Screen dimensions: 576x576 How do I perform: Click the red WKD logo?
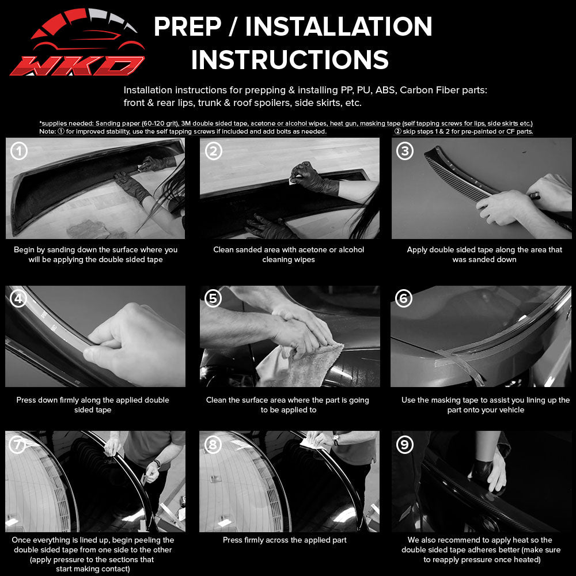point(78,42)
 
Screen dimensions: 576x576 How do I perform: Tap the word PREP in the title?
point(187,26)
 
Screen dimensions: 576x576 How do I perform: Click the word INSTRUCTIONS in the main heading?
point(290,60)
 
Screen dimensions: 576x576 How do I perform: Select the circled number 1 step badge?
point(19,150)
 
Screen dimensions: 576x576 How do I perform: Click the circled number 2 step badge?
point(214,150)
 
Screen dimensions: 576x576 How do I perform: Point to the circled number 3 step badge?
point(405,150)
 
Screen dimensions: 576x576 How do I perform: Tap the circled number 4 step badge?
point(18,298)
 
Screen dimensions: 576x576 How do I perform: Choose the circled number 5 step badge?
point(213,298)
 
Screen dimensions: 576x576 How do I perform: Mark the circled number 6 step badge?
point(403,298)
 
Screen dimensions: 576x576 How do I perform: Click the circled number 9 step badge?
point(405,445)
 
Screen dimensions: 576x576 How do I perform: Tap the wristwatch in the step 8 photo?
point(335,439)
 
